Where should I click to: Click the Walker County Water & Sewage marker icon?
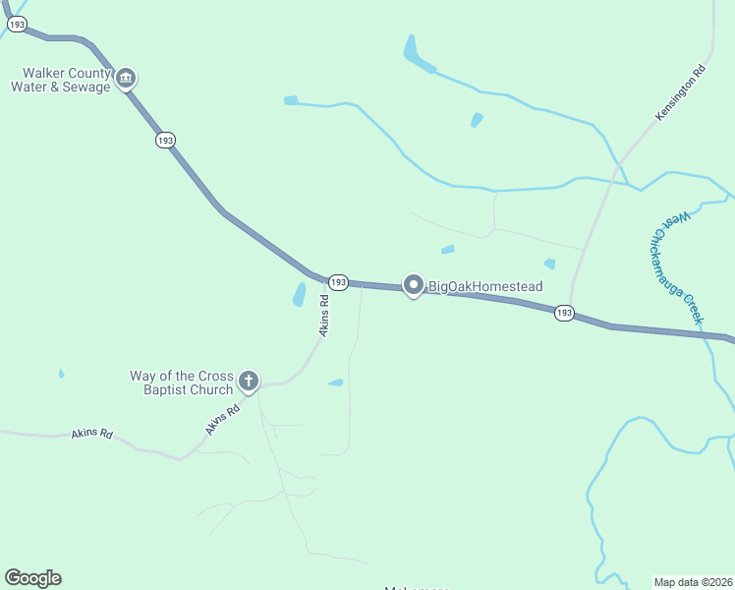tap(126, 78)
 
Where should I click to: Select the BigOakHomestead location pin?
tap(414, 285)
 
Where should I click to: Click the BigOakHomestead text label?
tap(484, 286)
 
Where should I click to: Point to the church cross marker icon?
tap(249, 381)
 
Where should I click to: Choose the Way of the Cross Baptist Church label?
tap(182, 383)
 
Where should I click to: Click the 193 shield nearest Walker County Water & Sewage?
tap(165, 141)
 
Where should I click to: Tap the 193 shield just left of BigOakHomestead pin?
tap(338, 282)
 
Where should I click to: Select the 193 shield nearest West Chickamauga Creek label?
tap(564, 313)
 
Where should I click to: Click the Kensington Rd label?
tap(682, 93)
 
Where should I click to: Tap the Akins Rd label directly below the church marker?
tap(223, 421)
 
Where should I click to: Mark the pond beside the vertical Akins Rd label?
tap(299, 294)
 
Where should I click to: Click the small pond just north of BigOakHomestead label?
tap(448, 250)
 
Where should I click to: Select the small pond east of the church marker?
tap(336, 383)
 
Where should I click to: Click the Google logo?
tap(32, 578)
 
